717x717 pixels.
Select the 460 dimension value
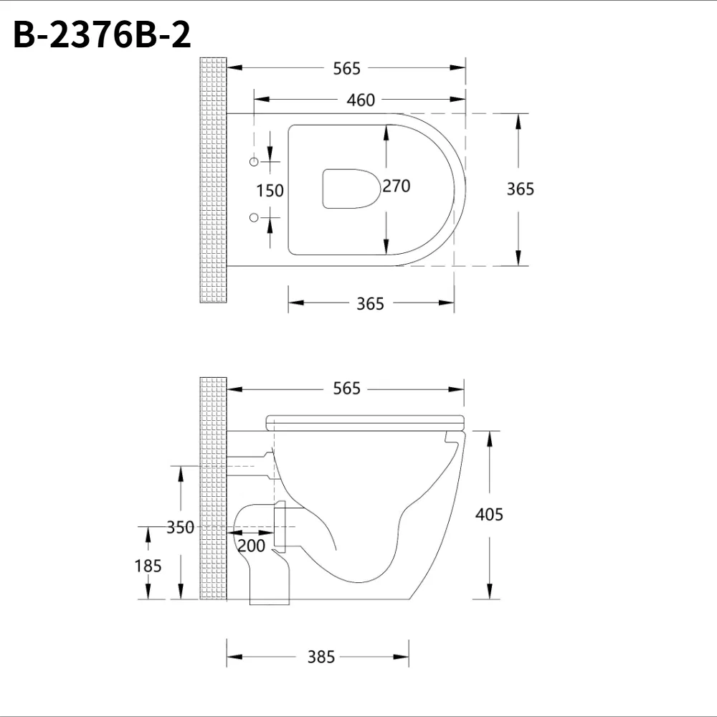click(361, 100)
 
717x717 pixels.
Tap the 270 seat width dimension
click(397, 186)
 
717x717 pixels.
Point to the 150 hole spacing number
click(270, 191)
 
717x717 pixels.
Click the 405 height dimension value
click(489, 514)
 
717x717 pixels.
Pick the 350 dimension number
click(180, 528)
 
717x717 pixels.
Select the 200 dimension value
click(251, 546)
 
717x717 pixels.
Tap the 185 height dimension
click(148, 566)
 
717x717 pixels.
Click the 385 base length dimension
click(320, 656)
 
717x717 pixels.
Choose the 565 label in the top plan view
click(347, 68)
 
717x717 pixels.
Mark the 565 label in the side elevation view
click(347, 389)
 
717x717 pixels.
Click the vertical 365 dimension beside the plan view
click(521, 189)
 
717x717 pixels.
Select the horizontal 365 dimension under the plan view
click(371, 304)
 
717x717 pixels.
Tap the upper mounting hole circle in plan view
click(253, 162)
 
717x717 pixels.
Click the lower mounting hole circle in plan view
click(253, 217)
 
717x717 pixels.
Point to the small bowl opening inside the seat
click(349, 189)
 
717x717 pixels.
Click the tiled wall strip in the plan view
click(213, 179)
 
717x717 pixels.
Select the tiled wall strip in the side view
click(213, 488)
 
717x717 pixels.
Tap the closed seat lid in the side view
click(366, 421)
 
